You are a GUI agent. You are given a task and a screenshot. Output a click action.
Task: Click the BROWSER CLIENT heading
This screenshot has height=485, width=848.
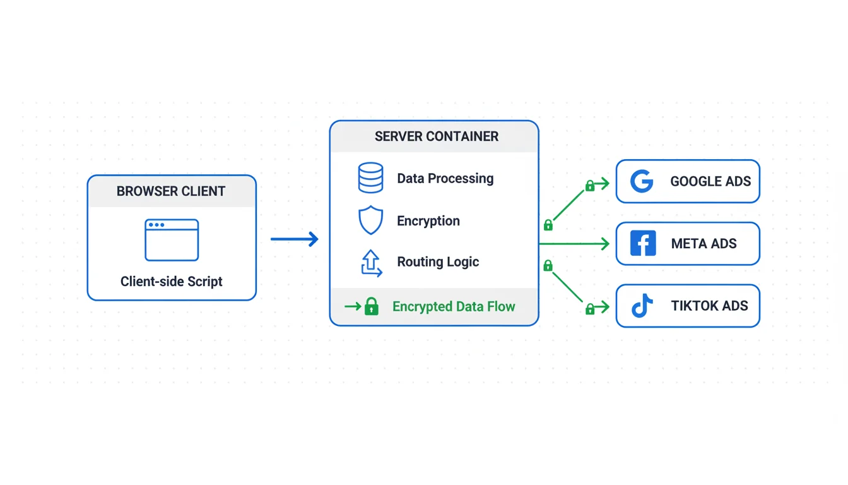(171, 191)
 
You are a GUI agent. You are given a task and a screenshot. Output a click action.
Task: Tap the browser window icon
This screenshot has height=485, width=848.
(172, 240)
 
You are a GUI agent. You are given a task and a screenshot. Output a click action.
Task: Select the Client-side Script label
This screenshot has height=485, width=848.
(172, 282)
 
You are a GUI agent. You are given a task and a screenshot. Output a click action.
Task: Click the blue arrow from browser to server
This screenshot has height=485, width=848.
(295, 239)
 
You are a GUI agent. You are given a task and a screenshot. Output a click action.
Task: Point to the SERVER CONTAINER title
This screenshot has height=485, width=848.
(437, 136)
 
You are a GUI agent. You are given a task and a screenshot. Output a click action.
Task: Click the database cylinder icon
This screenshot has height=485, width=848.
(370, 178)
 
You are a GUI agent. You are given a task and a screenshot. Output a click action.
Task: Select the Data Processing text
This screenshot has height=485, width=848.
(445, 179)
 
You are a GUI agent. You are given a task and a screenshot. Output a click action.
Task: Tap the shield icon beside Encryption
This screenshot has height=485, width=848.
(370, 220)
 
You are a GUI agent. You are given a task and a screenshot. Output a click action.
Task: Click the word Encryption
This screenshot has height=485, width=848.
(428, 221)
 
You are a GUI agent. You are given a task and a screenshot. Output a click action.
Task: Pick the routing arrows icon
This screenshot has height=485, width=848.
(370, 263)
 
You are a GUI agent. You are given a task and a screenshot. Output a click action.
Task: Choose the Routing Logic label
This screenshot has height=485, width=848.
(438, 262)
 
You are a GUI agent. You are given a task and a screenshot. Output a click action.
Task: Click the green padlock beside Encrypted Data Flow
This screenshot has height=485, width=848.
(372, 307)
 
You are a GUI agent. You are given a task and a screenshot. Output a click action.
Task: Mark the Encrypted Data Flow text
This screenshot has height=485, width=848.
(454, 307)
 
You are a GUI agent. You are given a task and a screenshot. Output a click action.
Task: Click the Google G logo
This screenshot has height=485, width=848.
(642, 181)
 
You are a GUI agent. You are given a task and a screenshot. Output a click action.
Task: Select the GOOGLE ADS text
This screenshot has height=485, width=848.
(710, 182)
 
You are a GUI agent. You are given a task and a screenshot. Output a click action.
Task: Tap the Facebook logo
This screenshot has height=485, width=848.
(643, 243)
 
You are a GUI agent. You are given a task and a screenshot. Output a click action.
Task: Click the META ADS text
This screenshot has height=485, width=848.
(704, 244)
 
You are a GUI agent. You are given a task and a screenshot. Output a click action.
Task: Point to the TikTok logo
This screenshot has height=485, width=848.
(642, 306)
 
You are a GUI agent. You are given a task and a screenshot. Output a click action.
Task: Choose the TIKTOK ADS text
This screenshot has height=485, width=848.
(709, 306)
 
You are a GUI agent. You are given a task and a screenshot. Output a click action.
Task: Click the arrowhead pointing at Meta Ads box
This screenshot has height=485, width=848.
(604, 244)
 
